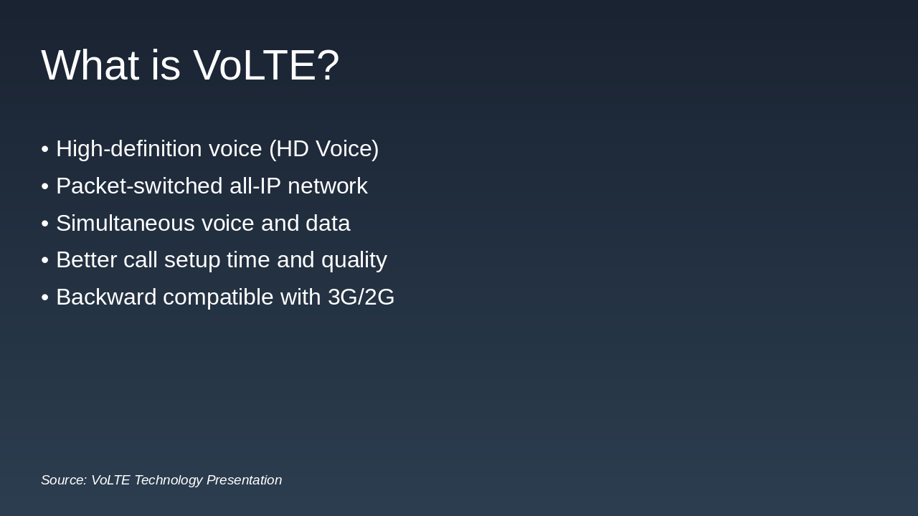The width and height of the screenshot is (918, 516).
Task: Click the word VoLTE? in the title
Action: [266, 65]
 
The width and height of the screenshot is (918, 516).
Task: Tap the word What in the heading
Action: [90, 65]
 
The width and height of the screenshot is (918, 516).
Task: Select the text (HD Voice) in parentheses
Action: [323, 149]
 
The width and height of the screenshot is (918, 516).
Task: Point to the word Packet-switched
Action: [139, 186]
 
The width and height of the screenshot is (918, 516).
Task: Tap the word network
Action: [327, 186]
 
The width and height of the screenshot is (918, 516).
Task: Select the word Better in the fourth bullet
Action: [86, 260]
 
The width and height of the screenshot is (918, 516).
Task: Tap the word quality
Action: [354, 260]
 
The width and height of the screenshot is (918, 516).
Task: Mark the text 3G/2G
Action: [361, 297]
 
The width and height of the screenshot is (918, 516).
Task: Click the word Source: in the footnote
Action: [64, 480]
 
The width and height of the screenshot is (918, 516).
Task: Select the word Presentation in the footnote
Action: [244, 480]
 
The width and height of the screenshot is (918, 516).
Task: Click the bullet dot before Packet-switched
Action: [44, 186]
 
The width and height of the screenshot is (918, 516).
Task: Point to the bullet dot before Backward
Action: [44, 297]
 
